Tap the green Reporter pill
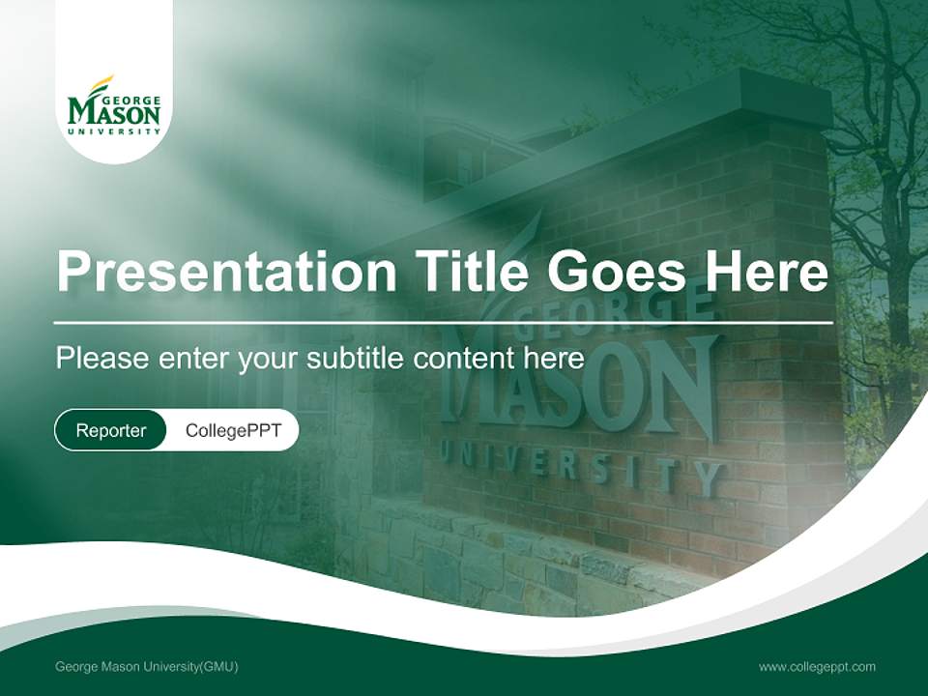point(111,430)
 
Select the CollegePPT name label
point(233,430)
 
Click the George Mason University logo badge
point(114,106)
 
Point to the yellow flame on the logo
point(101,85)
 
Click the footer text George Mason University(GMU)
point(147,667)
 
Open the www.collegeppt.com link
point(817,667)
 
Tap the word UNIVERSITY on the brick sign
point(580,467)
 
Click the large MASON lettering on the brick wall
point(580,387)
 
